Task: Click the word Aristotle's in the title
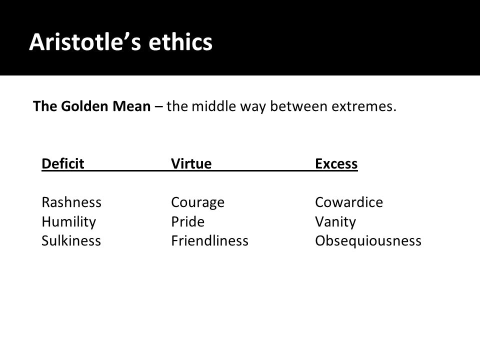[85, 41]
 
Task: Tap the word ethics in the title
[180, 41]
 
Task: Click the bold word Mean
[131, 106]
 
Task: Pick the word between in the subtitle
[299, 106]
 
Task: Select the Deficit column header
[63, 163]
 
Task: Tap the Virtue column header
[191, 163]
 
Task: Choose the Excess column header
[336, 163]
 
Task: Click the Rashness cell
[71, 202]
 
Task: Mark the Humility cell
[69, 221]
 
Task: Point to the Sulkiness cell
[71, 240]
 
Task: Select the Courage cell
[198, 202]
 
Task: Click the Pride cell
[187, 221]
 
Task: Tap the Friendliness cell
[209, 240]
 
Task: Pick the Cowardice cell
[349, 202]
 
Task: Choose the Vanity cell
[335, 221]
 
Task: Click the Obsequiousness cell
[368, 241]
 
